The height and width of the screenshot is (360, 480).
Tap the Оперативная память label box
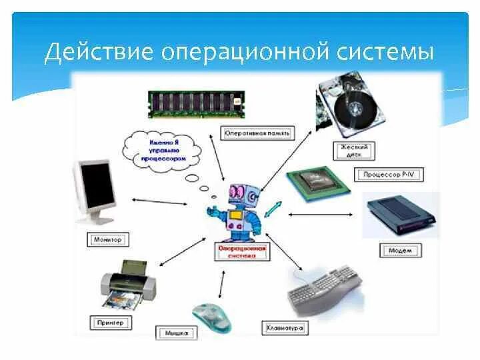257,133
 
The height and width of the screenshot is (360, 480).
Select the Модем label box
400,251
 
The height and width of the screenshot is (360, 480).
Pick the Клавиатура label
284,327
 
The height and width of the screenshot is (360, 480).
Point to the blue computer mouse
212,316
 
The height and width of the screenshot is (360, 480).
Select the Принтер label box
109,322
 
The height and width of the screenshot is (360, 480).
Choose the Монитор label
107,238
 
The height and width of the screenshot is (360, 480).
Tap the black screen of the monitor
97,183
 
